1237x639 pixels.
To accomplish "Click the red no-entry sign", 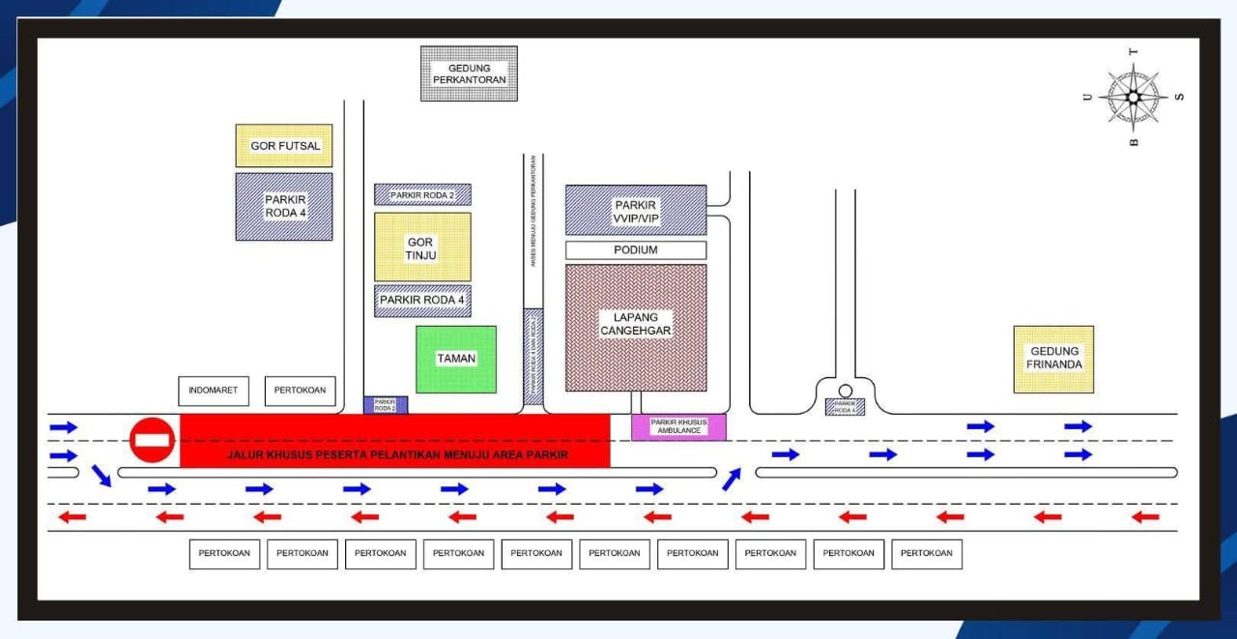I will pos(152,440).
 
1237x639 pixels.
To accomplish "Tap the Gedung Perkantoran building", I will pos(469,73).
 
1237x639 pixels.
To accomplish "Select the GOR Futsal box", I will pos(284,146).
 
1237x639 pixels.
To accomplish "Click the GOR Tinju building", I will pos(422,247).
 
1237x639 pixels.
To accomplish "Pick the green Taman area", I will pos(456,359).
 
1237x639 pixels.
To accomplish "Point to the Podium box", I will pos(636,250).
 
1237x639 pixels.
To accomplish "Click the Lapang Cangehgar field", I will pos(636,328).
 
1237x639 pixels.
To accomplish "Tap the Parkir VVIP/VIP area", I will pos(636,211).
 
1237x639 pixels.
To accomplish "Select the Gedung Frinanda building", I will pos(1053,359).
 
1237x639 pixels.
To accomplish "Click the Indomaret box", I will pos(214,392).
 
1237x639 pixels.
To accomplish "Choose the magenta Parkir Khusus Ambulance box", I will pos(678,427).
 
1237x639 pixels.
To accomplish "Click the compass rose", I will pos(1133,97).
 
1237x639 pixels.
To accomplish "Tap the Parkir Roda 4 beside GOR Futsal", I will pos(284,206).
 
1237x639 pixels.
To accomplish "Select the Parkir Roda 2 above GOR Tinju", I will pos(422,194).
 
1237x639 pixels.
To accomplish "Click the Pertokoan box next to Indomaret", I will pos(300,392).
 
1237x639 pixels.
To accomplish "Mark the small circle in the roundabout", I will pos(845,391).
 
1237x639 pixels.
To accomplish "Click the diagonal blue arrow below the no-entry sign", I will pos(101,475).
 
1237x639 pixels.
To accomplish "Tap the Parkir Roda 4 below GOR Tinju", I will pos(422,301).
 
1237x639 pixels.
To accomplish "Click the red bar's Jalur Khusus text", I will pos(397,454).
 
